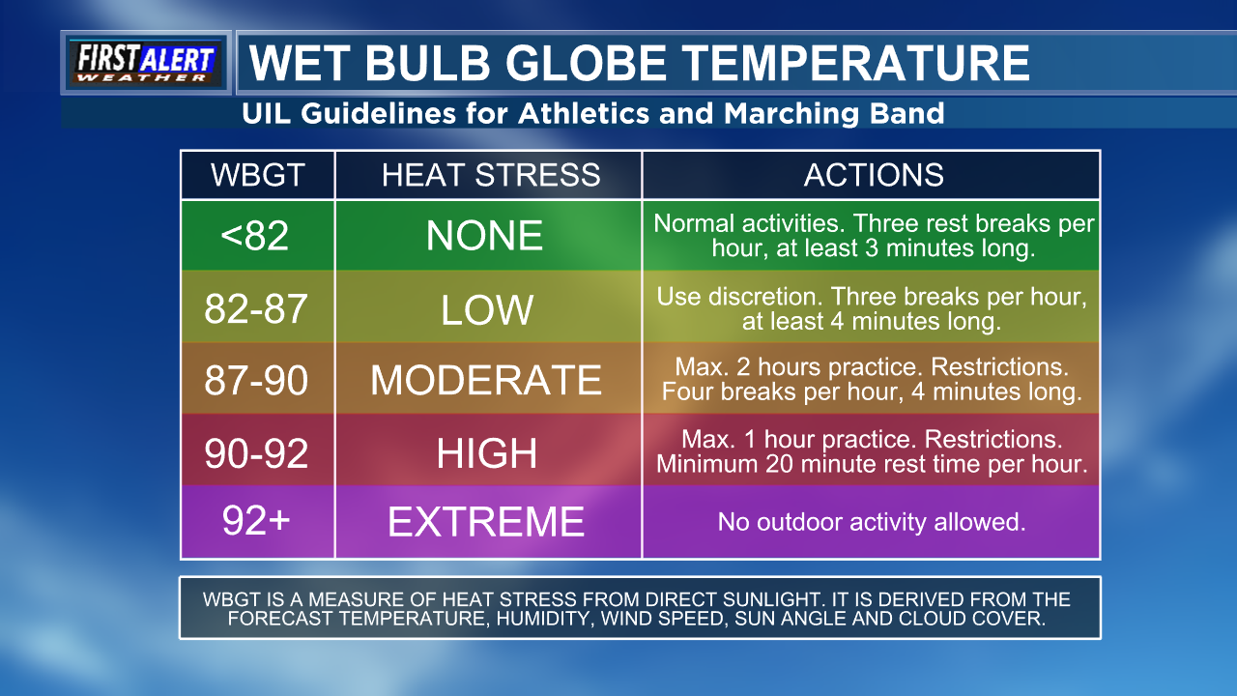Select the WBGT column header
(257, 175)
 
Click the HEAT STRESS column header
(490, 175)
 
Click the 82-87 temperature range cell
(256, 308)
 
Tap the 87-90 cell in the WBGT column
(256, 380)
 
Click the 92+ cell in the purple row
(256, 520)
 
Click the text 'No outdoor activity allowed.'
(872, 522)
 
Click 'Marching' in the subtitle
(791, 114)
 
